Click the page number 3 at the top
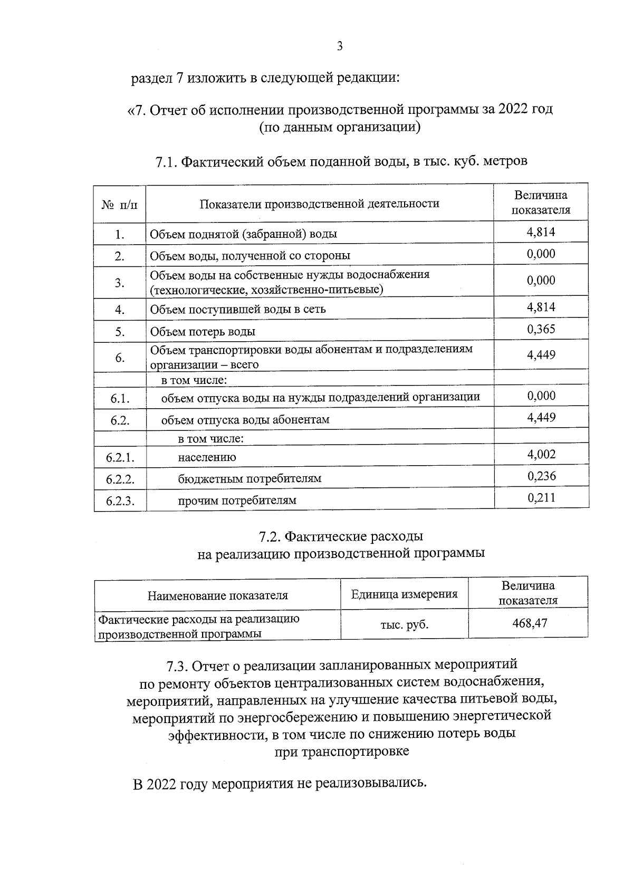click(x=340, y=46)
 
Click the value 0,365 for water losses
click(x=541, y=330)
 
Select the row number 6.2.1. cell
click(x=120, y=457)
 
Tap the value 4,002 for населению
click(x=541, y=454)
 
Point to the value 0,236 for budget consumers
click(x=541, y=476)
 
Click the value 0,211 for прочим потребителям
click(x=541, y=498)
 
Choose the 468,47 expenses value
click(x=530, y=623)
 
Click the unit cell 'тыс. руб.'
click(x=404, y=625)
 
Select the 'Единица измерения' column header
click(x=404, y=594)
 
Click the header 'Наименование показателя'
click(x=217, y=596)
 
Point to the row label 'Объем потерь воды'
click(x=203, y=332)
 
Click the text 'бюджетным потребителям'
click(x=250, y=479)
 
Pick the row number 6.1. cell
click(x=120, y=399)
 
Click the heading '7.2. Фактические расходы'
click(x=341, y=537)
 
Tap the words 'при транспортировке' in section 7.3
click(x=342, y=752)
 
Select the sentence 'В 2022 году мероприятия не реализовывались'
click(x=279, y=783)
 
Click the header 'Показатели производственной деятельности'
click(x=319, y=204)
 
